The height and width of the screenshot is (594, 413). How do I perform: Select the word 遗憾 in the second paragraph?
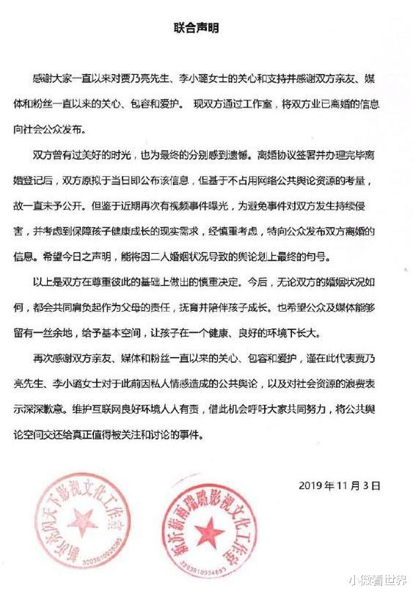(239, 156)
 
